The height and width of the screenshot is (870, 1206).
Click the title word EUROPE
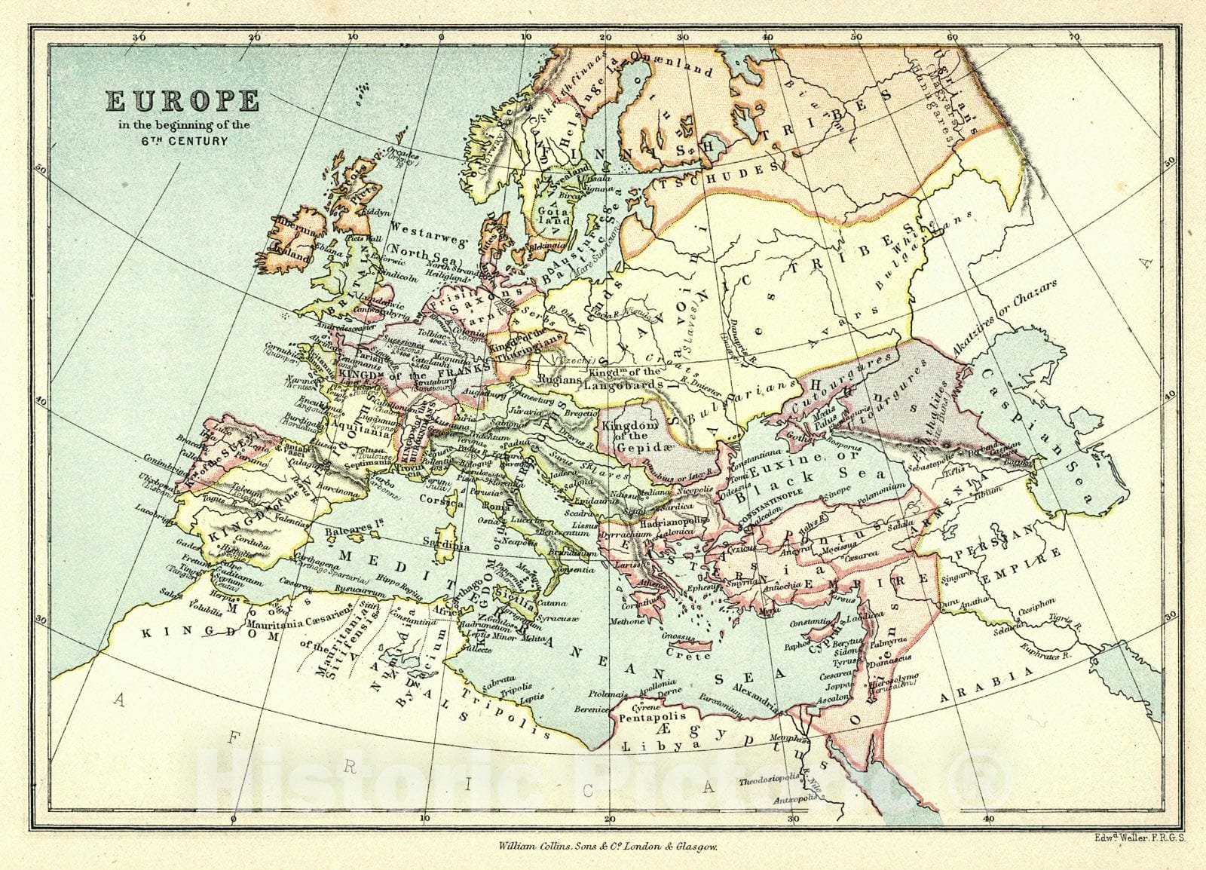point(182,101)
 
